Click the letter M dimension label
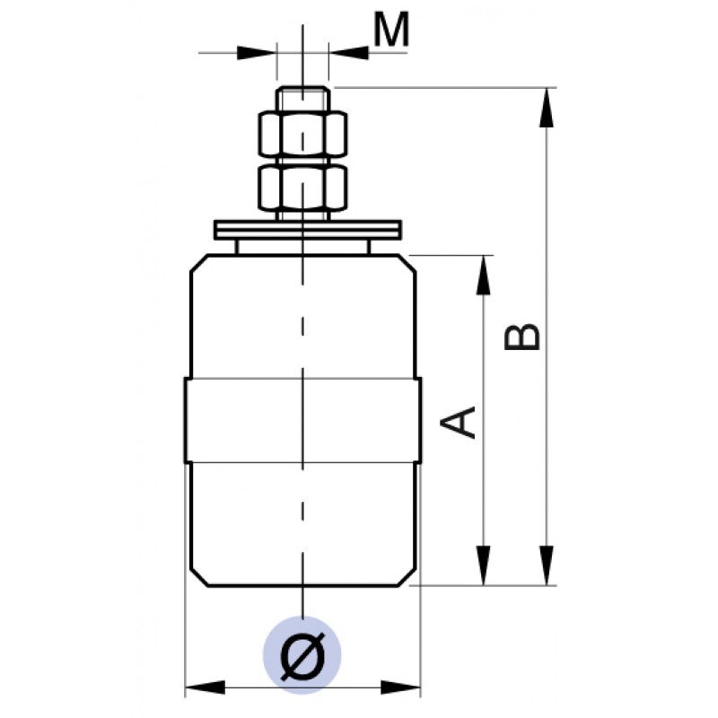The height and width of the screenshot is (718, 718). [391, 31]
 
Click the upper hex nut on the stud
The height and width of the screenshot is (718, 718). [302, 134]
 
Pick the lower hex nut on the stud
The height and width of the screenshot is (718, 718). [302, 186]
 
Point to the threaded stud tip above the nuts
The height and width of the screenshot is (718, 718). [302, 97]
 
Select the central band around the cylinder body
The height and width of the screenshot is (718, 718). [302, 421]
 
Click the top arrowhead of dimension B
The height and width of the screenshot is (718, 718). [545, 104]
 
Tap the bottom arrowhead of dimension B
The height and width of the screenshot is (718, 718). [545, 567]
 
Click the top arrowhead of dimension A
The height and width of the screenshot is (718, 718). [485, 273]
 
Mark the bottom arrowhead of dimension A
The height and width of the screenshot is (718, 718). [485, 565]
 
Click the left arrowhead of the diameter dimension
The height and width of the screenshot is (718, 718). [203, 688]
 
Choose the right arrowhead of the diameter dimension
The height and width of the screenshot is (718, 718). [403, 688]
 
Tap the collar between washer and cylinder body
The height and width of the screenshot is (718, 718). [302, 246]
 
